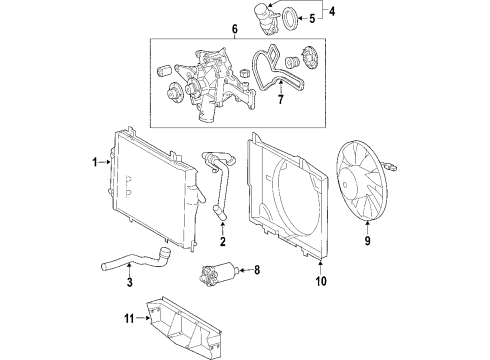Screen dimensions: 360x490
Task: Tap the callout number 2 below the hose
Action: [224, 241]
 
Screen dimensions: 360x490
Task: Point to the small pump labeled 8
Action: [218, 272]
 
